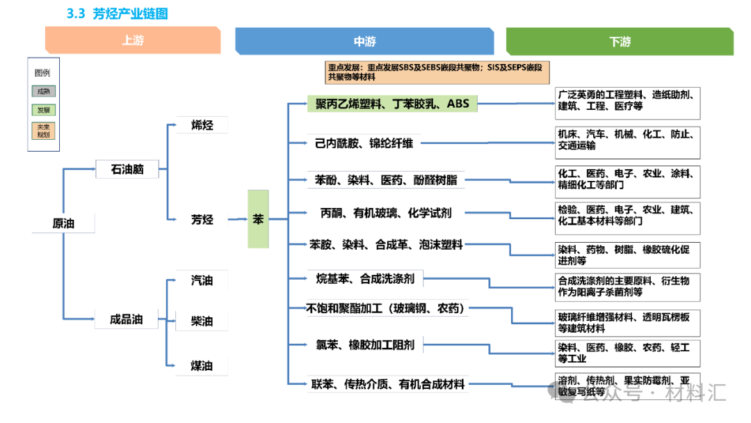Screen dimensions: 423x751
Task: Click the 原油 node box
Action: (63, 223)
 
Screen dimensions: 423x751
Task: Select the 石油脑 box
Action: (127, 169)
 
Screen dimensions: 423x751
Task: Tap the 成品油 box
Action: (127, 319)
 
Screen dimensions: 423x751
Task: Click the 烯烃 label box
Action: (202, 125)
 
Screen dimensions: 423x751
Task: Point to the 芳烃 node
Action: (202, 219)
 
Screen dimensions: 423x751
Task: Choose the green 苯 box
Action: (258, 219)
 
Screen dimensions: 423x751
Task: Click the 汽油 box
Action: (202, 280)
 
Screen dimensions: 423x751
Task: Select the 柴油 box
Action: (202, 321)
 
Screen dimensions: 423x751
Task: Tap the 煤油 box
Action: (202, 366)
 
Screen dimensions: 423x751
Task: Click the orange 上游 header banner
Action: (133, 40)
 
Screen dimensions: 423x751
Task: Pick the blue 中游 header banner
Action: (364, 41)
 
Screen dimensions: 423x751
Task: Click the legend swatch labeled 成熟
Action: (43, 91)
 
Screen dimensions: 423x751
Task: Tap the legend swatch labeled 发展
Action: (43, 110)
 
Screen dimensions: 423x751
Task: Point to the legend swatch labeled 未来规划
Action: (43, 130)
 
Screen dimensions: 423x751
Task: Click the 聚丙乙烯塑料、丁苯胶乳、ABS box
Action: (392, 104)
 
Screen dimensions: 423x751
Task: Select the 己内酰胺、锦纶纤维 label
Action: (364, 143)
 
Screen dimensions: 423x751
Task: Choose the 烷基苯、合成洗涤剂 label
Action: (364, 279)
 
